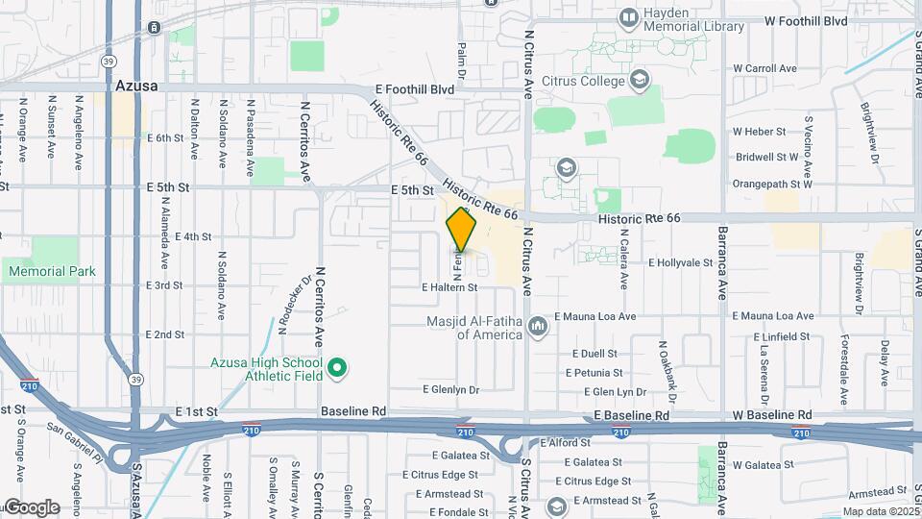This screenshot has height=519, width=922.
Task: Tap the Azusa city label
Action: click(135, 86)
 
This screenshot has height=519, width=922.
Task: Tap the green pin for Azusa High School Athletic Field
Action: click(337, 367)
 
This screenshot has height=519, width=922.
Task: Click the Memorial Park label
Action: click(52, 271)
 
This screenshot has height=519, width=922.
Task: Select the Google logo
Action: click(31, 507)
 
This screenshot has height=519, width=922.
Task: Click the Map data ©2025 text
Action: click(881, 511)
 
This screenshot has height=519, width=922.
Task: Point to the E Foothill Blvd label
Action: click(414, 88)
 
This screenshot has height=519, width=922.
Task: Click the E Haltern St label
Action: click(449, 287)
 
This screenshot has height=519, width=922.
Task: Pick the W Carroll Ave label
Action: click(765, 68)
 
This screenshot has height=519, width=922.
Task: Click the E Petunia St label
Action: click(594, 372)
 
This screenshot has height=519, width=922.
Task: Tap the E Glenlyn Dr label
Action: click(450, 389)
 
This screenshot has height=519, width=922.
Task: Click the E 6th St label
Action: click(165, 138)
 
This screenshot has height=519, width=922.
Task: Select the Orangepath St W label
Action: click(772, 183)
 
